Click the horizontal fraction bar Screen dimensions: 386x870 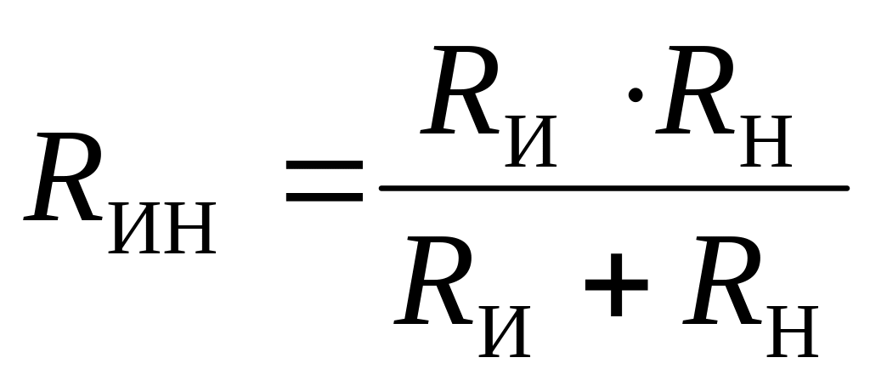click(x=612, y=187)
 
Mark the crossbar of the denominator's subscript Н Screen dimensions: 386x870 click(x=791, y=329)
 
